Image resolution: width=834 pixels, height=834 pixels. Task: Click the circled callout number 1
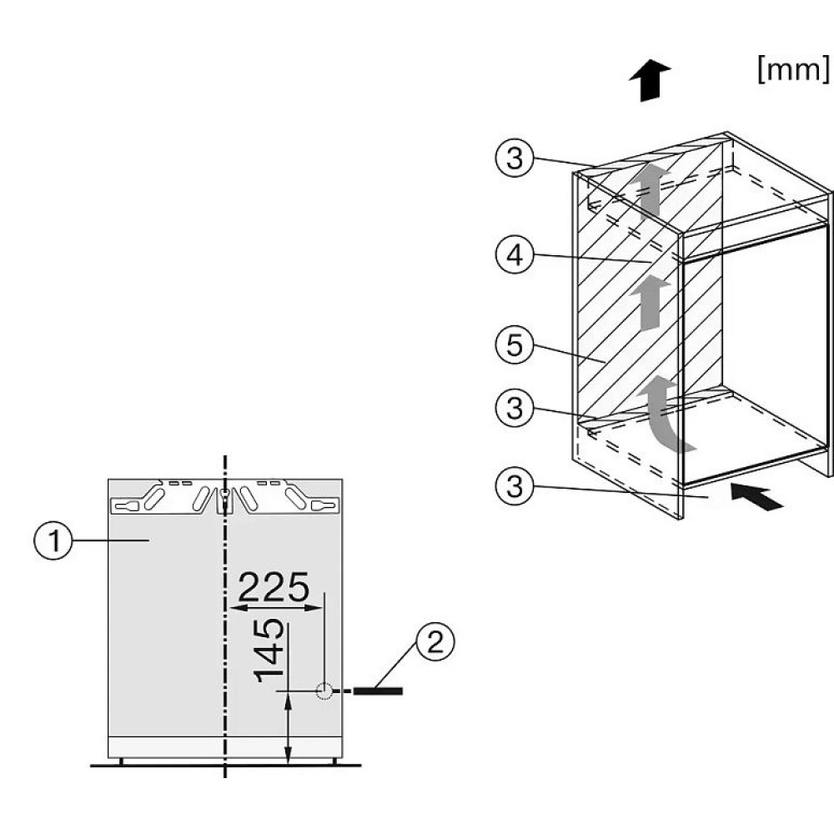coord(53,540)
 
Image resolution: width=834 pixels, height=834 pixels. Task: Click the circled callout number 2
coord(435,641)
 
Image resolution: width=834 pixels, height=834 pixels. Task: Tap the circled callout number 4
coord(515,255)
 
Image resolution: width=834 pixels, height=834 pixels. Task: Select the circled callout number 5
coord(515,345)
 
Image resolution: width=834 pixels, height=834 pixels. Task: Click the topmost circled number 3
coord(515,158)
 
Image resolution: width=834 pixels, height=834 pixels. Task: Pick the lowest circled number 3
coord(515,486)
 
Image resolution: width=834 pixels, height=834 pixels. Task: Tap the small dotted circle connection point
coord(324,691)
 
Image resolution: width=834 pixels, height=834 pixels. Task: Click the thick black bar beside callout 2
coord(378,691)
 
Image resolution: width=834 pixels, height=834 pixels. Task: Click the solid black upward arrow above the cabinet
coord(650,80)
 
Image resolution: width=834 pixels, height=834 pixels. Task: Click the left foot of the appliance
coord(121,761)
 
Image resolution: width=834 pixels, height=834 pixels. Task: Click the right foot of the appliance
coord(335,761)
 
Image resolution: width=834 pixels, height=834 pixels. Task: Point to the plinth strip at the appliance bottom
coord(225,747)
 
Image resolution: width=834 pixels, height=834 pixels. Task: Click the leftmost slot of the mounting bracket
coord(128,505)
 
